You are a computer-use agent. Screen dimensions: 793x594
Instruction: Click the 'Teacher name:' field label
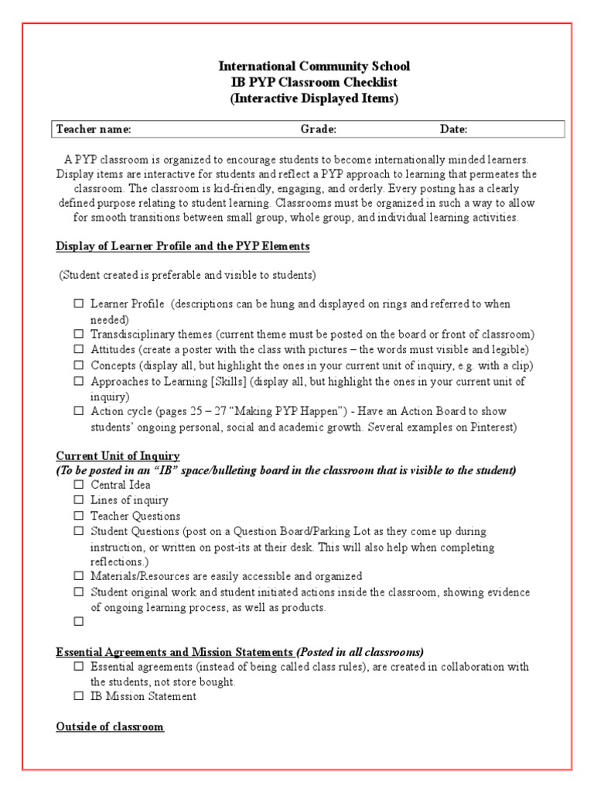[x=94, y=129]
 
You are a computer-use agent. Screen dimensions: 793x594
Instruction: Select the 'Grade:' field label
[x=318, y=129]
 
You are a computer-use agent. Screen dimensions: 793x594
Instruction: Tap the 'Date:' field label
[x=454, y=129]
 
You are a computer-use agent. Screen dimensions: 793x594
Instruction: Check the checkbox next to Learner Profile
[x=79, y=304]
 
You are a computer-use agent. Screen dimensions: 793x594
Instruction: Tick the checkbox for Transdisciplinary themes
[x=79, y=335]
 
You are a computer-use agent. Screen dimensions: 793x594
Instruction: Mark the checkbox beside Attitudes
[x=79, y=350]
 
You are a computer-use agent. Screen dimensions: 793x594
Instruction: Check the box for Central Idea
[x=79, y=486]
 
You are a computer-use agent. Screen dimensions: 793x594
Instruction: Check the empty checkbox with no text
[x=79, y=622]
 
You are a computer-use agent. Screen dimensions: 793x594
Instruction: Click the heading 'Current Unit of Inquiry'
[x=118, y=456]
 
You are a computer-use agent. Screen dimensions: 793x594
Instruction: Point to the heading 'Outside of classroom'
[x=110, y=727]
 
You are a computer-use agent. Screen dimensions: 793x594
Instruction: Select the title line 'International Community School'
[x=314, y=67]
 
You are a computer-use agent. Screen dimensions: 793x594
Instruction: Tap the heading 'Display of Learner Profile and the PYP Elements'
[x=183, y=246]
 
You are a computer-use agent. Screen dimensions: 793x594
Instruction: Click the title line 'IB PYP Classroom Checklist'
[x=314, y=83]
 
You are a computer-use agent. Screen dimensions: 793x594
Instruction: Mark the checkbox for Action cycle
[x=79, y=411]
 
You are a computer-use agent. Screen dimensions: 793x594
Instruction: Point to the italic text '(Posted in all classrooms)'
[x=360, y=651]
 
